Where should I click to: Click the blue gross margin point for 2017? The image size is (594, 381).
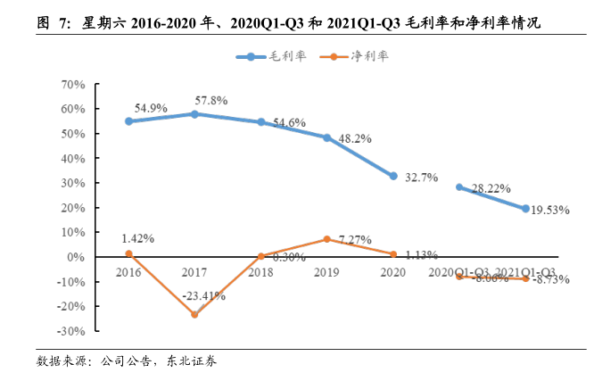point(194,114)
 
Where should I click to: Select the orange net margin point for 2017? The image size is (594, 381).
point(194,314)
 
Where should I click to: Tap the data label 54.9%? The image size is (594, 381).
point(152,107)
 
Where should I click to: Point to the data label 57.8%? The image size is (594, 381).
point(219,100)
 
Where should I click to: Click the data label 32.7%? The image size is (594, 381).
point(421,177)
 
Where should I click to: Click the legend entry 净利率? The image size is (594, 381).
point(359,56)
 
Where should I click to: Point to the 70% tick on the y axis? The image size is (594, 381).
point(72,85)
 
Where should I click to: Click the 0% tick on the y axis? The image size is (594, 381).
point(78,257)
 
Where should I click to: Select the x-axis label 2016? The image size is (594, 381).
point(128,270)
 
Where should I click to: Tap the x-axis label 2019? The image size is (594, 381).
point(327,270)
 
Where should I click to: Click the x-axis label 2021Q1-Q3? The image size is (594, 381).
point(526,270)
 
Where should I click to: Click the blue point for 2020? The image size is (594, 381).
point(393,176)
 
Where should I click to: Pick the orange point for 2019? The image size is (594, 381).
point(327,239)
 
